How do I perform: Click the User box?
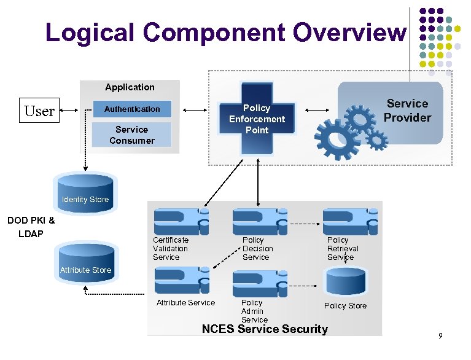39,111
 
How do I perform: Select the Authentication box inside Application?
132,109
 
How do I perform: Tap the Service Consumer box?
131,135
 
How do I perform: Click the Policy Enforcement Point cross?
257,119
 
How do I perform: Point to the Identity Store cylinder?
85,194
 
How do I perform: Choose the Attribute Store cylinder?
87,263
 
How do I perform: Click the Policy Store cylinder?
346,282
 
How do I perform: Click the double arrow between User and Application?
69,111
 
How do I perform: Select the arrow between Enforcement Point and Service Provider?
317,111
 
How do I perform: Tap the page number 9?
440,335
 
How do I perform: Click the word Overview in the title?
349,32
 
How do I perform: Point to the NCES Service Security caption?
265,329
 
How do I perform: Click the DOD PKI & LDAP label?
31,227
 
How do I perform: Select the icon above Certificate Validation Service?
181,222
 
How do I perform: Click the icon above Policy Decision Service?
260,222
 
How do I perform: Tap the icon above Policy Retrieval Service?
350,222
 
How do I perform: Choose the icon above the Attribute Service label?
182,280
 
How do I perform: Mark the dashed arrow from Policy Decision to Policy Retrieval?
305,224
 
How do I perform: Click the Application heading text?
130,87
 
